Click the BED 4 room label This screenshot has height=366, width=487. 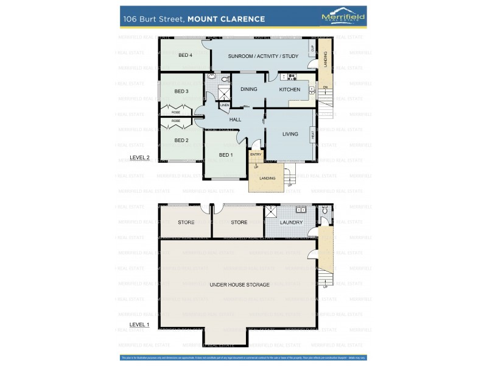point(185,56)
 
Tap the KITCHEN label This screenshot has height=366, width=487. point(290,90)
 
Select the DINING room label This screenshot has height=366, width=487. point(248,90)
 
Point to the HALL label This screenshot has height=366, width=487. point(235,120)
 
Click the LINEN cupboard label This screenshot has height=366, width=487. point(225,106)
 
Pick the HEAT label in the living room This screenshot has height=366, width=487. point(312,135)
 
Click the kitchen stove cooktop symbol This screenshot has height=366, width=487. point(290,77)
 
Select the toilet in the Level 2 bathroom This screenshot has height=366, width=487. point(224,79)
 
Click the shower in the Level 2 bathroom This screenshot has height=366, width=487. point(224,93)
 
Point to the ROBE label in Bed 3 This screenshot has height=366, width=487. point(175,112)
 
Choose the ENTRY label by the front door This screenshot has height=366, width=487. point(256,155)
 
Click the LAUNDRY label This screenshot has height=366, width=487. point(292,223)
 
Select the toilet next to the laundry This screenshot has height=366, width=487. point(325,211)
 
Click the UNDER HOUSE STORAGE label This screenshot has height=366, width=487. point(239,285)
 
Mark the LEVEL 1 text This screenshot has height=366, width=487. point(139,325)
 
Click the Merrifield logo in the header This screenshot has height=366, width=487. point(343,18)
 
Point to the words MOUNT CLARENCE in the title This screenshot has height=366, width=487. point(226,19)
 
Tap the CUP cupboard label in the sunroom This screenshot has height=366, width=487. point(312,48)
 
